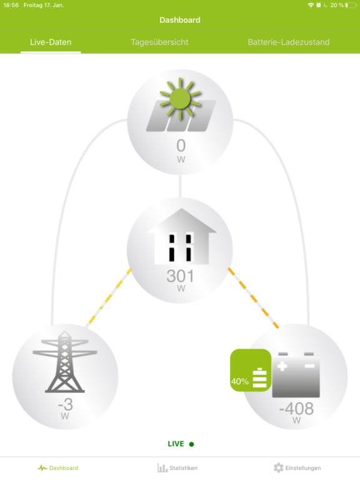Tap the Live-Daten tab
tap(51, 42)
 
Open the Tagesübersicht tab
tap(159, 42)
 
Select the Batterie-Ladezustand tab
tap(289, 42)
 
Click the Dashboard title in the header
tap(180, 20)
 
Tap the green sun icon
tap(180, 99)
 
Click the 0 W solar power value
tap(181, 150)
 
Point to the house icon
tap(181, 236)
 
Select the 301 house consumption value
tap(180, 276)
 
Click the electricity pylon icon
tap(65, 361)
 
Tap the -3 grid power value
tap(66, 404)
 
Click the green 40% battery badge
tap(251, 370)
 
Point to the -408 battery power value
tap(296, 409)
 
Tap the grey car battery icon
tap(296, 375)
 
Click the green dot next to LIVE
tap(192, 444)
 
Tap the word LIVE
tap(176, 444)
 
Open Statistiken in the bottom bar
tap(177, 467)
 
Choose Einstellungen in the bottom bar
tap(297, 467)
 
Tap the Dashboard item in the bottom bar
tap(58, 467)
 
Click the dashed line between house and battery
tap(254, 298)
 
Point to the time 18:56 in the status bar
tap(11, 5)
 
